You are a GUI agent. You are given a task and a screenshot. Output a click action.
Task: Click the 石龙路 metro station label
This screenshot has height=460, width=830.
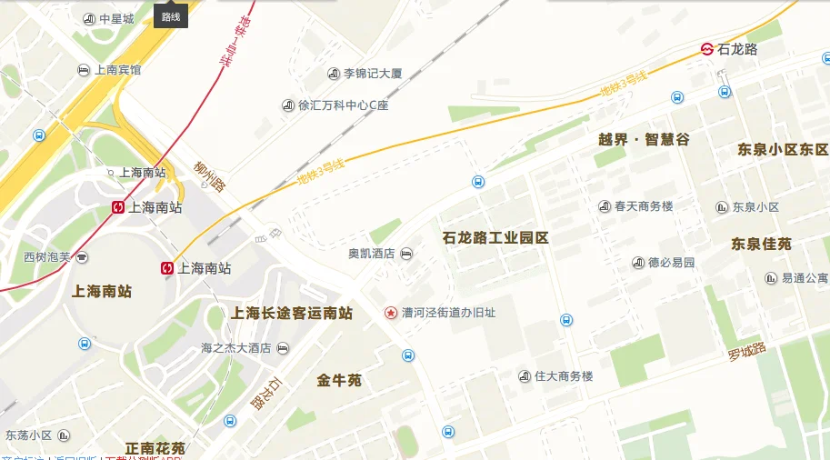[x=737, y=49]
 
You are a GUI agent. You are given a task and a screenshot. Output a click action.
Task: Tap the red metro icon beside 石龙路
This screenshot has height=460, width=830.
[x=707, y=49]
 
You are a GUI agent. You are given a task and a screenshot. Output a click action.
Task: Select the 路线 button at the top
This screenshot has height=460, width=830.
[x=170, y=16]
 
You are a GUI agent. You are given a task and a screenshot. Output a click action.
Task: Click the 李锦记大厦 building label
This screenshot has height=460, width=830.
[x=372, y=73]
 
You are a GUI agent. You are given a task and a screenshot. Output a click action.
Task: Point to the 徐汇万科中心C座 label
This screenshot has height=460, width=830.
[x=343, y=105]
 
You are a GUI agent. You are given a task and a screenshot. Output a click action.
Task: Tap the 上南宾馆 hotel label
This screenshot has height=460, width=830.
[x=118, y=69]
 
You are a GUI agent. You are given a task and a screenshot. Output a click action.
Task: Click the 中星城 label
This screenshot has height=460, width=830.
[x=116, y=18]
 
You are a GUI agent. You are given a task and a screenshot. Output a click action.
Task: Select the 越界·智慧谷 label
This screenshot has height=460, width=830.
[x=644, y=140]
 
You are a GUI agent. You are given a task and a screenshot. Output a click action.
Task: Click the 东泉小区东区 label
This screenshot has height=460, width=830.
[x=783, y=149]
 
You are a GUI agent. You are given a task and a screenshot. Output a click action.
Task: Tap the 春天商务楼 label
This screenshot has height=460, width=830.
[x=644, y=206]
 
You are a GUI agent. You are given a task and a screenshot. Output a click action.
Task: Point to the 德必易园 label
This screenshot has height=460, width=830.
[x=671, y=263]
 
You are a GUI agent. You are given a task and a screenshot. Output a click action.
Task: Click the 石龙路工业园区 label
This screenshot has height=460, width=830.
[x=495, y=238]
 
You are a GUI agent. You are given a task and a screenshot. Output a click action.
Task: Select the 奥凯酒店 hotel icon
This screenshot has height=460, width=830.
[x=406, y=254]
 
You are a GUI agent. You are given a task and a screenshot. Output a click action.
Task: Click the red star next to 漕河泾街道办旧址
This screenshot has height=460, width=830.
[x=391, y=312]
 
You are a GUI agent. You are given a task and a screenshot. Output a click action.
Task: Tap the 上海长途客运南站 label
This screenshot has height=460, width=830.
[x=291, y=314]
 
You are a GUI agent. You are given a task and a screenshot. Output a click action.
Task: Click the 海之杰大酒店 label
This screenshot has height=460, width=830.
[x=236, y=348]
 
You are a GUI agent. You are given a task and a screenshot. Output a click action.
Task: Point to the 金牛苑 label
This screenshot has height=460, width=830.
[x=339, y=380]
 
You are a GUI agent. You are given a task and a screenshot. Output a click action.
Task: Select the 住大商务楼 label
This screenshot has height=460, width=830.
[x=563, y=375]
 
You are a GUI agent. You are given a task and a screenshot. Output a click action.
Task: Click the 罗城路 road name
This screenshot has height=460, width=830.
[x=746, y=350]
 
